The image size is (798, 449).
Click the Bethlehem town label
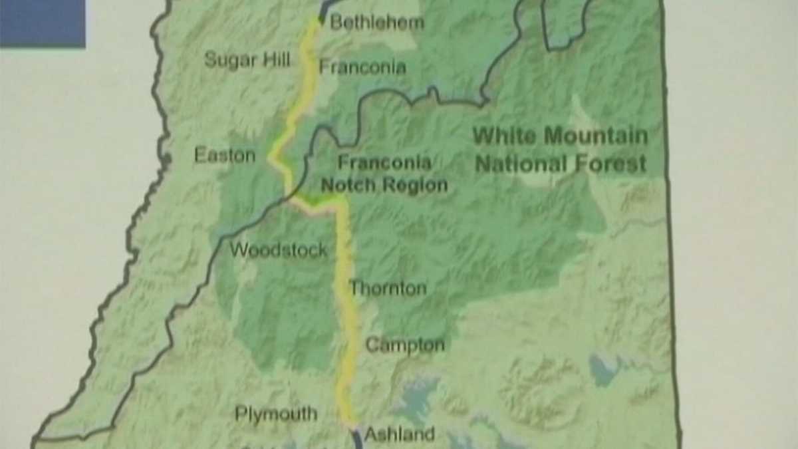376,22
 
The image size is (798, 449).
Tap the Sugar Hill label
247,60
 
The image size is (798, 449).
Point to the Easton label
225,156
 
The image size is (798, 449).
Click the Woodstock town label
279,250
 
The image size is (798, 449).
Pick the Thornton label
388,289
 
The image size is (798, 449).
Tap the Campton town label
405,345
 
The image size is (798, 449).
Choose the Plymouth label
276,414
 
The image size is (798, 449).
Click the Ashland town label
400,434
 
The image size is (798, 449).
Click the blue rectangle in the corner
43,23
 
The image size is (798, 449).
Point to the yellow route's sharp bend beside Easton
271,158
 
